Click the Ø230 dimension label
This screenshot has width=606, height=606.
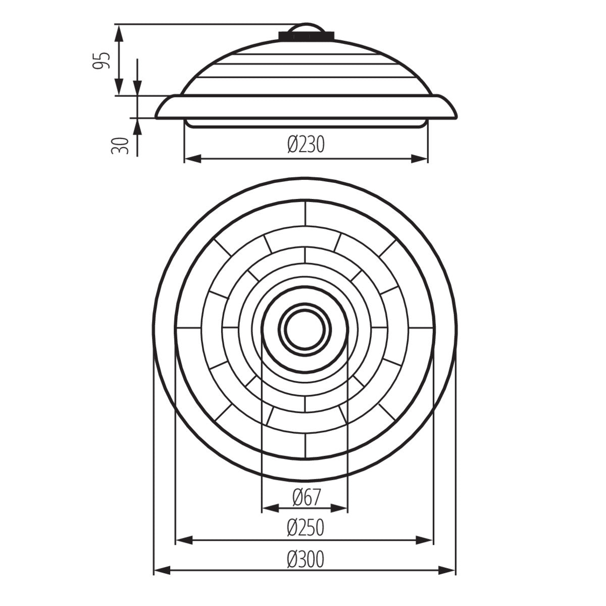pos(306,145)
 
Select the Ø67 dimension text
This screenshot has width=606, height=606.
pos(306,497)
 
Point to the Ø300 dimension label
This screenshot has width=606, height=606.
pos(305,559)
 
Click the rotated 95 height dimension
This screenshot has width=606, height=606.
pos(103,60)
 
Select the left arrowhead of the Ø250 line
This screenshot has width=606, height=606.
pos(183,540)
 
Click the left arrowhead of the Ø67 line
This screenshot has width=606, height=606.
pos(270,509)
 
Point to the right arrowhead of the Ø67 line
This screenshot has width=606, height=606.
pos(340,509)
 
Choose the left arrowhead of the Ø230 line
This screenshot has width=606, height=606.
pos(192,159)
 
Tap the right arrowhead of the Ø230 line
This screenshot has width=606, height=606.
pos(420,159)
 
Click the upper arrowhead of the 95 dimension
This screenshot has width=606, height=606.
pos(119,32)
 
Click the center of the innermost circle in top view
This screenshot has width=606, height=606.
pos(305,328)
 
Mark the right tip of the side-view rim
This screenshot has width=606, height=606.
pos(457,114)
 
